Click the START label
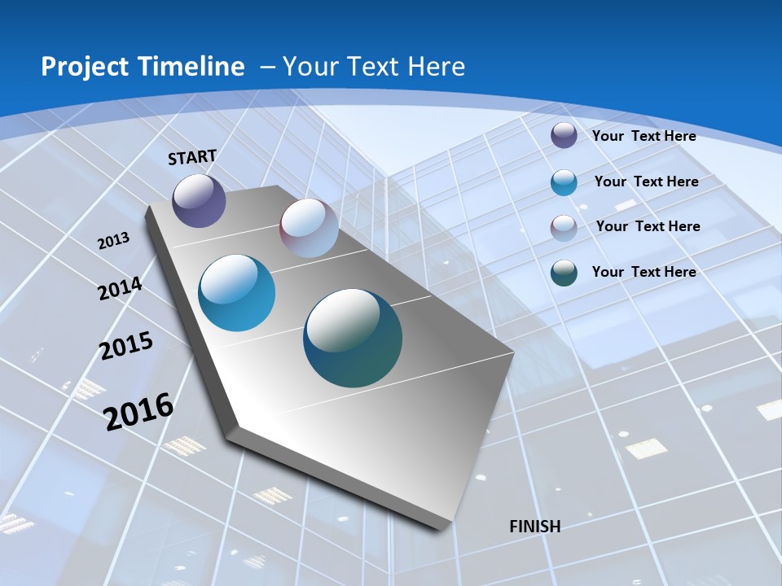click(192, 157)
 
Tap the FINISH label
click(535, 527)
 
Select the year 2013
click(114, 241)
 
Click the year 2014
click(121, 289)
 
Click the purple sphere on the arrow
click(199, 201)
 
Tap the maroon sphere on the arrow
click(309, 228)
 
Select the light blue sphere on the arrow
click(237, 293)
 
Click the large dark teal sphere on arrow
click(353, 338)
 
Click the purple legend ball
click(564, 135)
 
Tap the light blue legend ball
click(564, 182)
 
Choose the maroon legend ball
click(564, 227)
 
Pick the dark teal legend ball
click(564, 273)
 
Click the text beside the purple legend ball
click(644, 137)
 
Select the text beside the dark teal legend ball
click(644, 272)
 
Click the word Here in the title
click(436, 67)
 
